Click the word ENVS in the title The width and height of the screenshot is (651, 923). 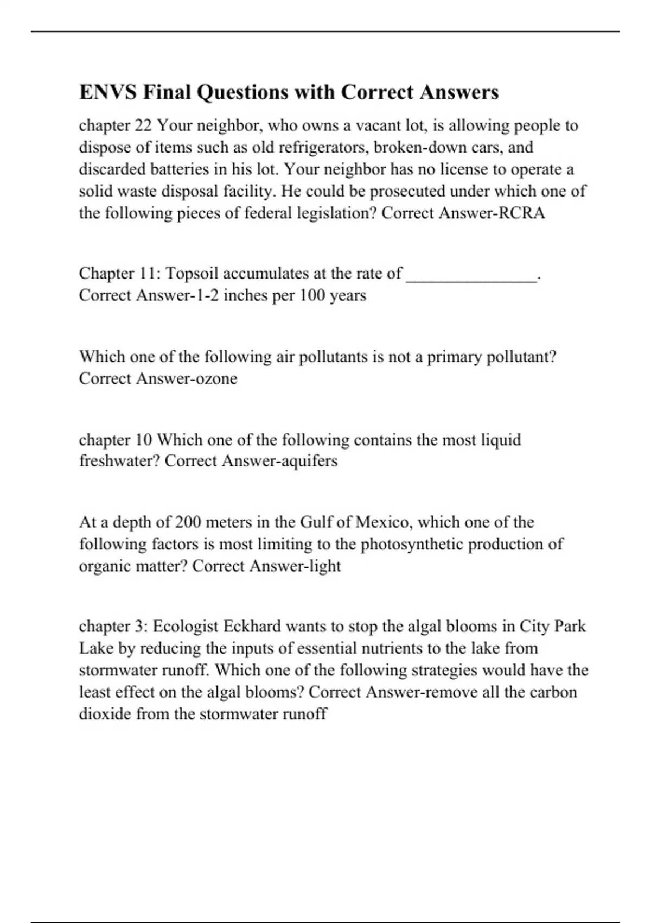click(x=108, y=92)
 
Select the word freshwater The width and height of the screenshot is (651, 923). click(x=119, y=461)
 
